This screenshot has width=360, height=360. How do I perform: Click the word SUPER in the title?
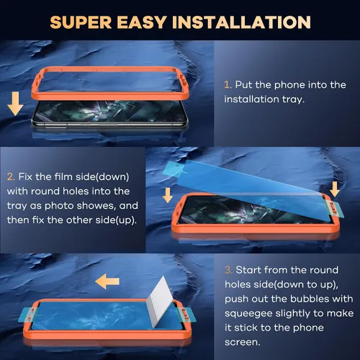pos(81,22)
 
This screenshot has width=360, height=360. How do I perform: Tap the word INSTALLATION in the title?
pos(241,22)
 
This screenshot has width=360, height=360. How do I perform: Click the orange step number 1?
pos(228,85)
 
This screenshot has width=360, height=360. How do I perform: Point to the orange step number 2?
pos(11,177)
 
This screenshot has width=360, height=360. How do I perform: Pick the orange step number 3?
pos(228,270)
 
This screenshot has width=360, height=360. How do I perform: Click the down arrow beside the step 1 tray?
pos(15,104)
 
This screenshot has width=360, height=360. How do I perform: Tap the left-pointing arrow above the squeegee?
pos(107,282)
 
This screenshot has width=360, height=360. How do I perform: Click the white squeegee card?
pos(160,302)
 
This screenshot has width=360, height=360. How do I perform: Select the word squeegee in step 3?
pos(248,314)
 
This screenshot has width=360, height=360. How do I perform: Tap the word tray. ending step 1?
pos(293,99)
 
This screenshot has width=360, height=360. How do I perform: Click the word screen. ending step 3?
pos(243,342)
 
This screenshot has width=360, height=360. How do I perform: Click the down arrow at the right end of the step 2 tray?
pos(335,189)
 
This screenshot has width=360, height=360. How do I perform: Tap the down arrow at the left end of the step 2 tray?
pos(168,195)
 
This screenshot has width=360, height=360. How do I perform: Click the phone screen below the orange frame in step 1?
pos(109,111)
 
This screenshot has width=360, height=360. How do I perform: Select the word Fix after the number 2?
pos(25,177)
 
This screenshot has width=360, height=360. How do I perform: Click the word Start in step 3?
pos(248,270)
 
